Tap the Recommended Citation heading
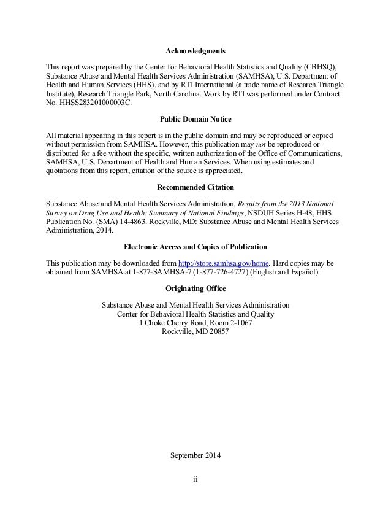pyautogui.click(x=195, y=187)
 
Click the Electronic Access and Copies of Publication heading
pyautogui.click(x=195, y=247)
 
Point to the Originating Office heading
pyautogui.click(x=195, y=288)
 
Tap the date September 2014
pyautogui.click(x=195, y=456)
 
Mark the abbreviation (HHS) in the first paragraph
pyautogui.click(x=139, y=85)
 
